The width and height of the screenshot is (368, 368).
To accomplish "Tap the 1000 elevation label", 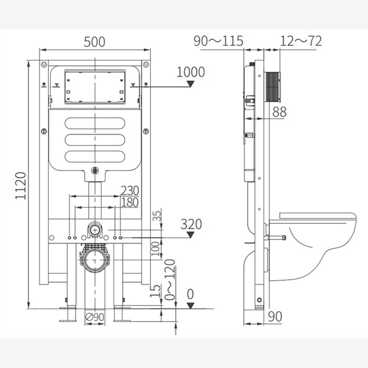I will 191,72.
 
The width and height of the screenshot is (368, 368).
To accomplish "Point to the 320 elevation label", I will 191,224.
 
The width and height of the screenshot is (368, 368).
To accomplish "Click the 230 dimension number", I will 129,190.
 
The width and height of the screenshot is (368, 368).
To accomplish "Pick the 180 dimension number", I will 129,202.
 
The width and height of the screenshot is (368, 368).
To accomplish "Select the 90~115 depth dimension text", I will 218,41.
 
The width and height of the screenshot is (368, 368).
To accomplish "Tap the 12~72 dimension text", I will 301,41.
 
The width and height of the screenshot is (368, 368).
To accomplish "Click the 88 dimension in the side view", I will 279,112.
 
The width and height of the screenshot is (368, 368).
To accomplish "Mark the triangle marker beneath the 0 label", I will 190,305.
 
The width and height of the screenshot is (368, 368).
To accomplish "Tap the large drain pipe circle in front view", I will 94,261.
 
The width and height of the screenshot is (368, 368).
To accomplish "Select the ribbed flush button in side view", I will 272,86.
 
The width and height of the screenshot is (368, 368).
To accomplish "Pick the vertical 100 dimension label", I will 156,247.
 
